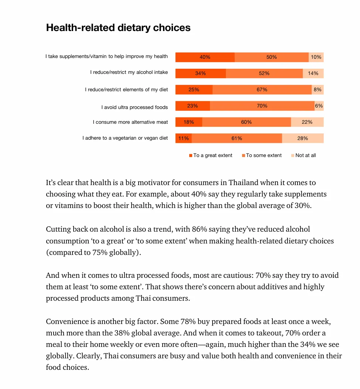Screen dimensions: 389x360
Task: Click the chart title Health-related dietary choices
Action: (x=118, y=28)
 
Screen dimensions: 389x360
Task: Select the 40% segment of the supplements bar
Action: (x=205, y=57)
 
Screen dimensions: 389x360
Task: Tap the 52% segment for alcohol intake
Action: (x=264, y=73)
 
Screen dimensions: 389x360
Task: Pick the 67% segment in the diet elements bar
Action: (x=262, y=89)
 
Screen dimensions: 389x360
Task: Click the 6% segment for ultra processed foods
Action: (x=319, y=106)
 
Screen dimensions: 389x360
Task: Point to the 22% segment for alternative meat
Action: (x=307, y=122)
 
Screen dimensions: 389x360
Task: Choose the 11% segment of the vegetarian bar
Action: (x=183, y=138)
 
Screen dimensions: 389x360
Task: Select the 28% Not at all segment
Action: (x=302, y=138)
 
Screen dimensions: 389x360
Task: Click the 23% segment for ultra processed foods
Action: (x=192, y=106)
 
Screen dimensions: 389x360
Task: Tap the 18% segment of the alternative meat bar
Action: (x=189, y=122)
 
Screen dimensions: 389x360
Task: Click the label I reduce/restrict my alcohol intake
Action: (x=129, y=72)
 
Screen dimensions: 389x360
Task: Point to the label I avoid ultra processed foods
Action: (x=135, y=107)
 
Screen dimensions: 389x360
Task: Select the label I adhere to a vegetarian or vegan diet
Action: (x=125, y=138)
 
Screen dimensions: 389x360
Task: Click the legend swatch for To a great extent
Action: (x=191, y=156)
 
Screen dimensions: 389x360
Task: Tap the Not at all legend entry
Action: (x=305, y=156)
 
